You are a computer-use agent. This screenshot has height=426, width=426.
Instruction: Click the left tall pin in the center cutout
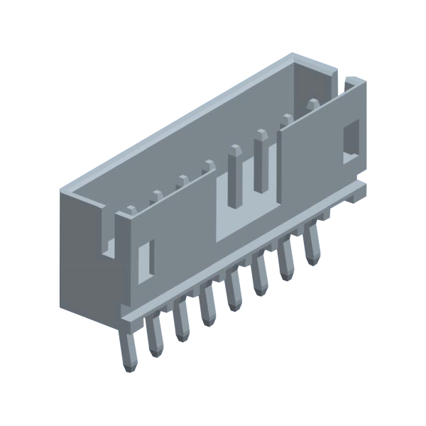[x=234, y=174]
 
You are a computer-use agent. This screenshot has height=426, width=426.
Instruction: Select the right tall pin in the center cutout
[x=261, y=159]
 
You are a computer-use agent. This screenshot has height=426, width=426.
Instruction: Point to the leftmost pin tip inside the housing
[x=131, y=210]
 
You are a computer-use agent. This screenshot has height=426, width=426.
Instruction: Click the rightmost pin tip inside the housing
[x=312, y=105]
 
